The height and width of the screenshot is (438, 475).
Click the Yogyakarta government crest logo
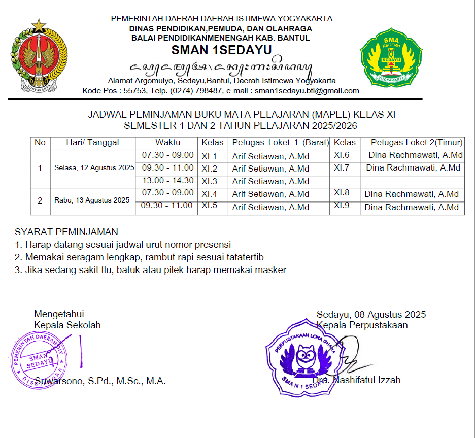[x=39, y=55]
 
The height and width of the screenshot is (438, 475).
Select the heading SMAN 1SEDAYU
[x=221, y=50]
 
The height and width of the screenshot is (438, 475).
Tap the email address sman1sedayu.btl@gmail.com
[x=307, y=91]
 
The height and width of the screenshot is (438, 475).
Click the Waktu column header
[x=167, y=143]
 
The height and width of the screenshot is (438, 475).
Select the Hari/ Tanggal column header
[x=92, y=143]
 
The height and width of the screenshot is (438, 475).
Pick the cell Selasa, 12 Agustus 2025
[x=94, y=168]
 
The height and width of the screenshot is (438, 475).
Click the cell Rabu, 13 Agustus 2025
[x=92, y=200]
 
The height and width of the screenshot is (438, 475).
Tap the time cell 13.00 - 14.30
[x=167, y=181]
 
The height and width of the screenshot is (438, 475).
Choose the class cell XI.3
[x=209, y=181]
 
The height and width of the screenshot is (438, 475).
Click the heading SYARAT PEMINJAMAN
[x=66, y=233]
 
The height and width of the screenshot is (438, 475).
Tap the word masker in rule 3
[x=272, y=270]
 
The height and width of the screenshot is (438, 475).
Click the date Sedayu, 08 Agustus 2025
[x=371, y=315]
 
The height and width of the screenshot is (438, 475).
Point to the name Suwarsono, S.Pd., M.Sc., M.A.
[x=100, y=381]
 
